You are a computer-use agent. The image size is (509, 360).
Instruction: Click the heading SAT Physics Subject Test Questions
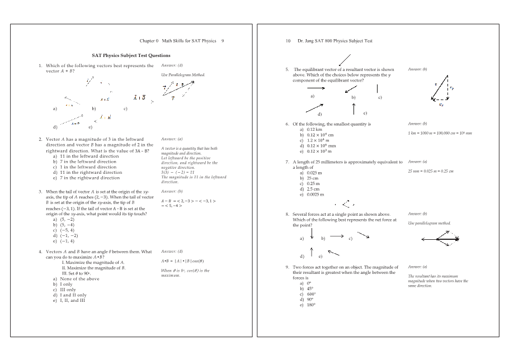click(131, 55)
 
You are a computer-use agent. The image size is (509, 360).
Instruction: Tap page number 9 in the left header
click(223, 41)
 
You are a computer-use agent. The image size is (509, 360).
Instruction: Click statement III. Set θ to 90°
click(81, 273)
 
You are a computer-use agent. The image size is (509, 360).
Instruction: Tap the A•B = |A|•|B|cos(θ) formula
click(182, 261)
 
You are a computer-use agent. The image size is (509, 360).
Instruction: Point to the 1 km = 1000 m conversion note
click(440, 133)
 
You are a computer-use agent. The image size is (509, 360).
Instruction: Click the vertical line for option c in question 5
click(378, 89)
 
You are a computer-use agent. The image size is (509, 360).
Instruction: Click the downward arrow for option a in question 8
click(312, 234)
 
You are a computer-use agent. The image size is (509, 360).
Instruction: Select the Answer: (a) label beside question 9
click(417, 267)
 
